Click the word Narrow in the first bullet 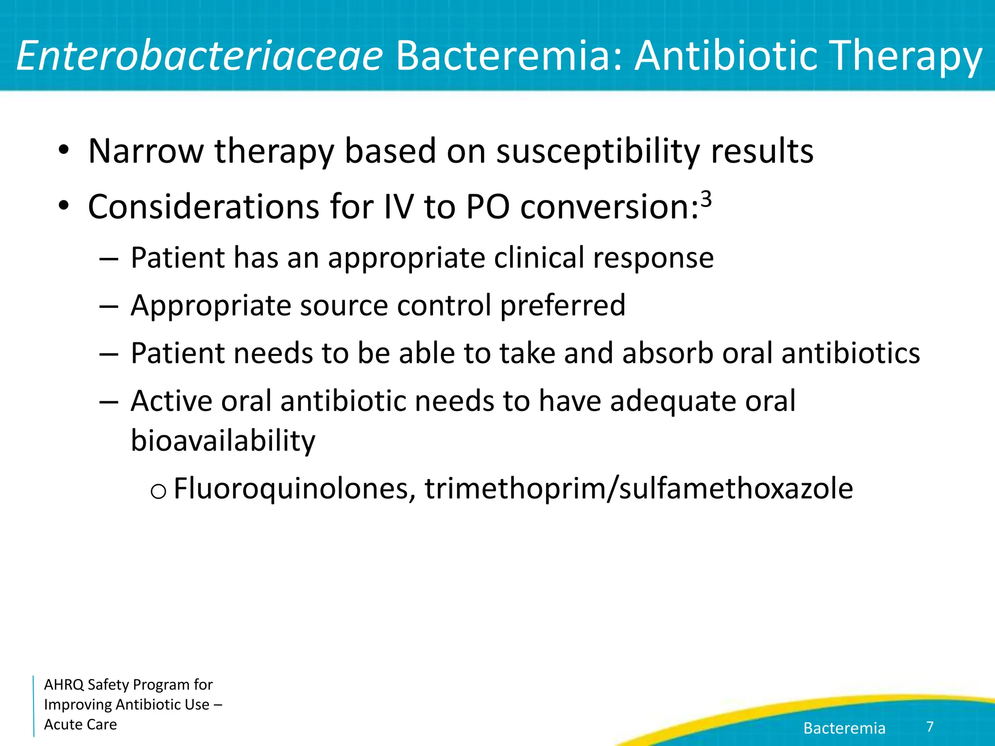coord(146,151)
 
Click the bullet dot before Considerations coord(63,206)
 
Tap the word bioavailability coord(223,441)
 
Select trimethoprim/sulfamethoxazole coord(638,488)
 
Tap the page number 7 coord(930,727)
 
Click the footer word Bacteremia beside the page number coord(844,728)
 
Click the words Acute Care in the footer coord(80,724)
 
